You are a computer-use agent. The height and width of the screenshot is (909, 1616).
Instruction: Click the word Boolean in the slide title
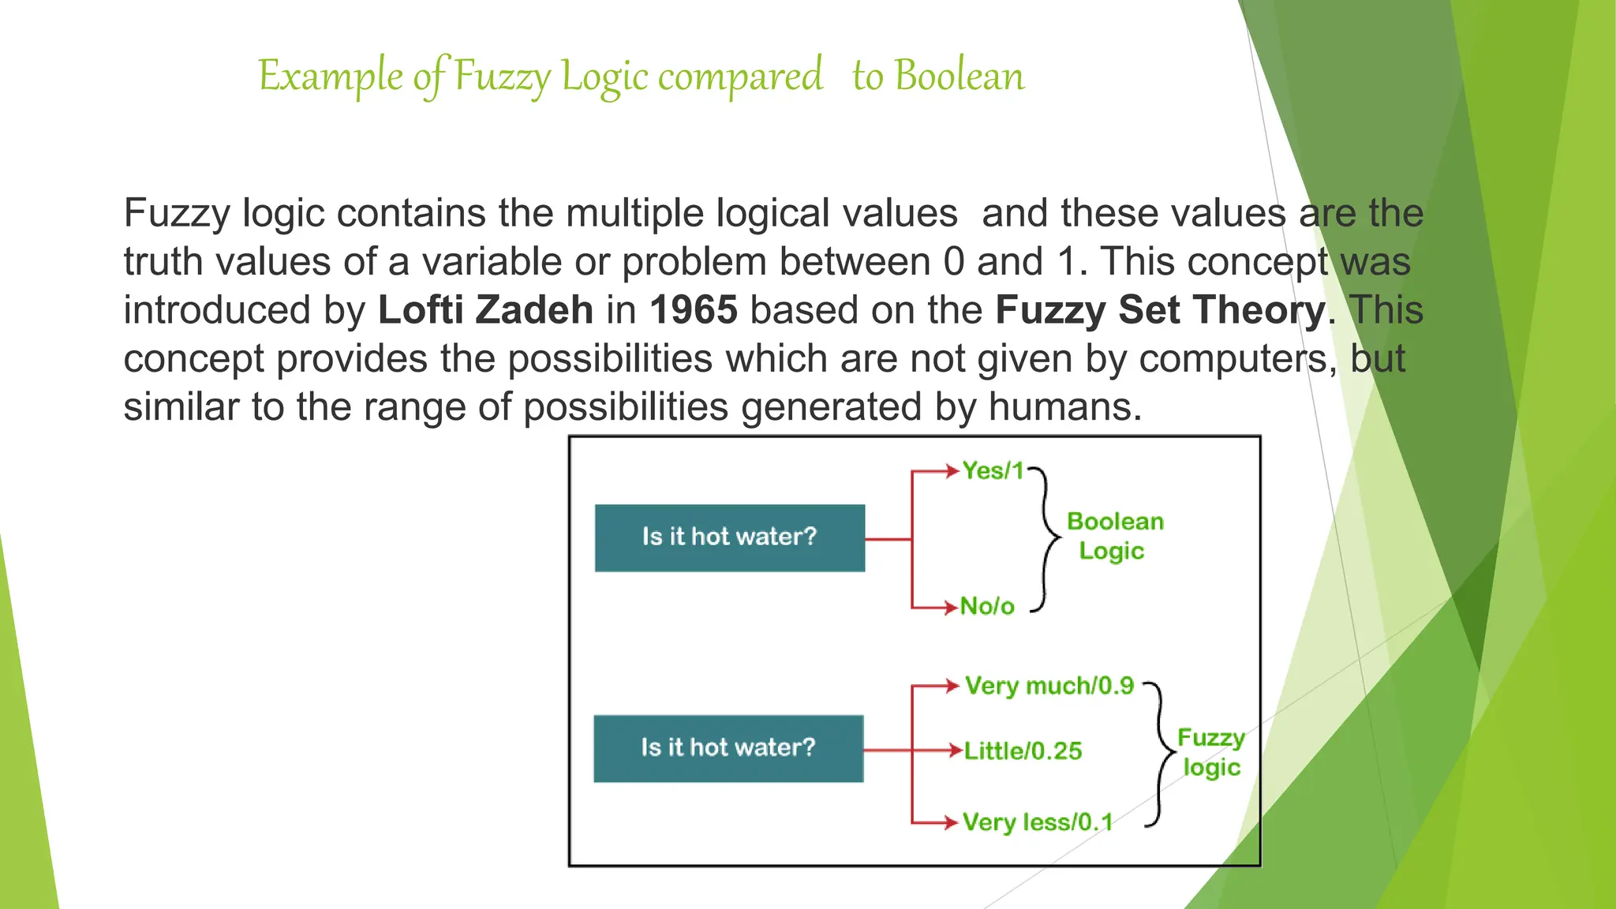point(959,77)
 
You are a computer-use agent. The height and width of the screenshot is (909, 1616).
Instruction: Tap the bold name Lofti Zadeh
point(485,309)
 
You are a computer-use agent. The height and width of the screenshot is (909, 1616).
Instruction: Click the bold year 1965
point(694,309)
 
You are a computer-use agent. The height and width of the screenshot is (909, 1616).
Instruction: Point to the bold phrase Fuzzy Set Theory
point(1160,309)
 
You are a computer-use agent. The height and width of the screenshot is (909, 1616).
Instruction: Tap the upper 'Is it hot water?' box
point(729,537)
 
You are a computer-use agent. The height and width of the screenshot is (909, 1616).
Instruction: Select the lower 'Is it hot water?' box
point(728,748)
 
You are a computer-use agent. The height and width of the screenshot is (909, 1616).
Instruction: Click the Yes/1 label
point(993,471)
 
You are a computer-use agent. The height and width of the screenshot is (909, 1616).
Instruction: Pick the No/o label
point(987,606)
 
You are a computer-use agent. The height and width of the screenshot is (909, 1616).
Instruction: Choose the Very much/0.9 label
point(1049,686)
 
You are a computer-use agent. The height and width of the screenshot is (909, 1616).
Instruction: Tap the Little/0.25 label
point(1023,750)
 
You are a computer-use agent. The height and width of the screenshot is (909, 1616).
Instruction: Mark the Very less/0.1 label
point(1038,822)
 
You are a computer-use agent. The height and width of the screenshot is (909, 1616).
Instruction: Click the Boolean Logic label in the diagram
point(1114,536)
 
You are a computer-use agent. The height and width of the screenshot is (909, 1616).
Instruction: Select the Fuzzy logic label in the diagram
point(1211,752)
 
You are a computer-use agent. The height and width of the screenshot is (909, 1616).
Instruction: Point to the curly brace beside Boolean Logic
point(1047,538)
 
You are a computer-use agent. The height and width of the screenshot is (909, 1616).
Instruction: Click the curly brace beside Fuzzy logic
point(1160,754)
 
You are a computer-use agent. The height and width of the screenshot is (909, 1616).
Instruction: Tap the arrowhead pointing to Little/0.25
point(956,750)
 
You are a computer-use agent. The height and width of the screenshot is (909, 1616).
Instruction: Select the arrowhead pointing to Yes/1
point(952,472)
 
